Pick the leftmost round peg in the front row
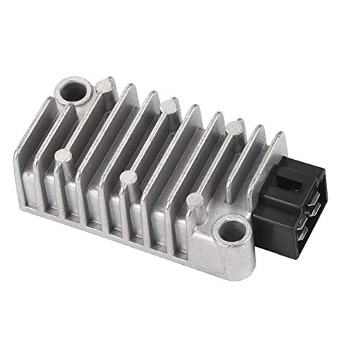tap(66, 153)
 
